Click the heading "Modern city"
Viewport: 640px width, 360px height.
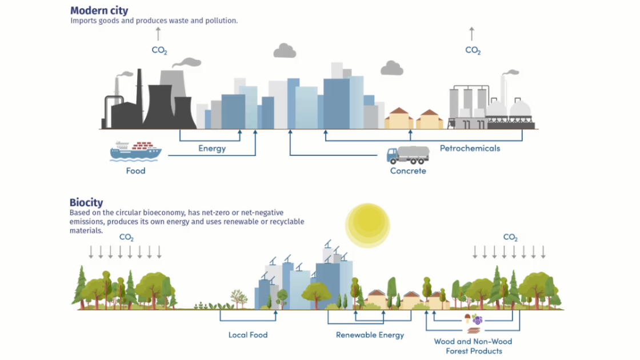pyautogui.click(x=99, y=10)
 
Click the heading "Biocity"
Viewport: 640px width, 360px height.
pyautogui.click(x=86, y=202)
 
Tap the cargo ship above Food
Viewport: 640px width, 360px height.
pyautogui.click(x=135, y=151)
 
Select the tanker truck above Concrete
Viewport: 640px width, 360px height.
pyautogui.click(x=408, y=155)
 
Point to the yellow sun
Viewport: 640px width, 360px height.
pyautogui.click(x=367, y=225)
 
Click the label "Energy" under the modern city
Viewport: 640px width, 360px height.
pyautogui.click(x=212, y=149)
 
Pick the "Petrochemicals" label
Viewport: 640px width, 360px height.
pyautogui.click(x=470, y=148)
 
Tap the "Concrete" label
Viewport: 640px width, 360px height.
pyautogui.click(x=408, y=171)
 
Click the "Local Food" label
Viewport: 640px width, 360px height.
pyautogui.click(x=248, y=335)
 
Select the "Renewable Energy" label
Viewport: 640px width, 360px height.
pyautogui.click(x=370, y=335)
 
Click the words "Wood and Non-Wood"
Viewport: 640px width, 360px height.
pyautogui.click(x=473, y=341)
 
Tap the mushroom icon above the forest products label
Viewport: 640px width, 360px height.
pyautogui.click(x=467, y=318)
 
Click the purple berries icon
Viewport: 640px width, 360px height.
pyautogui.click(x=477, y=319)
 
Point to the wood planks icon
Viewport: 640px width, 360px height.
pyautogui.click(x=474, y=330)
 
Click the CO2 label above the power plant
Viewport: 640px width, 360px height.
pyautogui.click(x=159, y=50)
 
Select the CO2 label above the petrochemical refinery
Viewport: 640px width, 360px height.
pyautogui.click(x=473, y=50)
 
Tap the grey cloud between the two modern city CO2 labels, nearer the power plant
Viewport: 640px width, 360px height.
pyautogui.click(x=285, y=51)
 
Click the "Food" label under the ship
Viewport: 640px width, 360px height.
pyautogui.click(x=135, y=171)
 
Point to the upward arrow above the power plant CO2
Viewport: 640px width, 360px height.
pyautogui.click(x=158, y=34)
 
